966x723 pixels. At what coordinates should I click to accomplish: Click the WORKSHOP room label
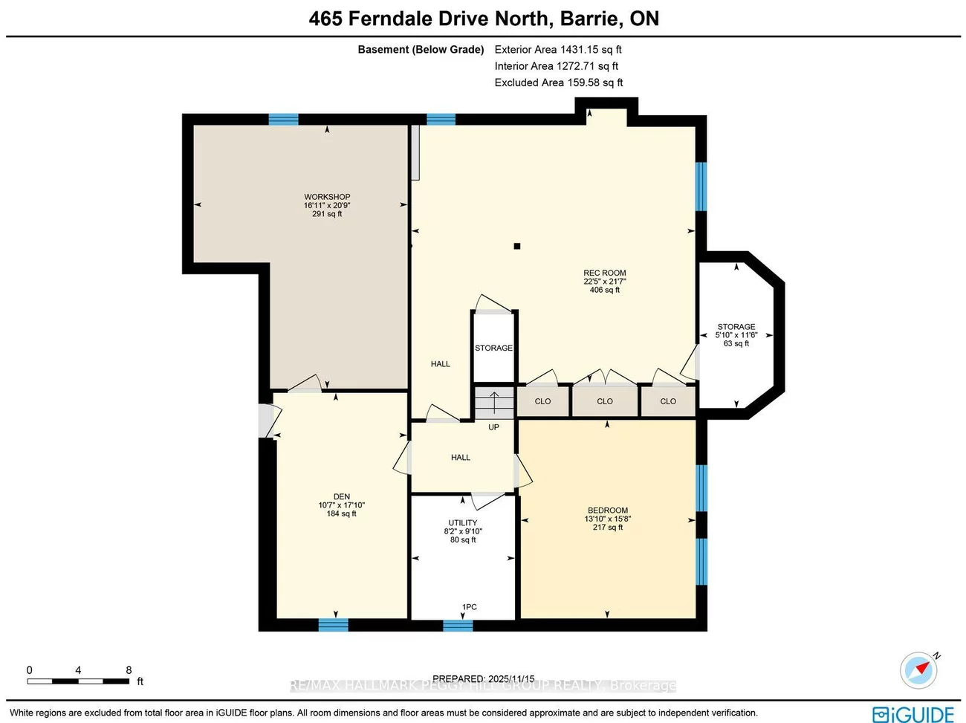point(327,197)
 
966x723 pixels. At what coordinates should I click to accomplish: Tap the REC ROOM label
point(604,273)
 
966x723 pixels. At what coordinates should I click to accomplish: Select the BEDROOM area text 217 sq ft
point(608,528)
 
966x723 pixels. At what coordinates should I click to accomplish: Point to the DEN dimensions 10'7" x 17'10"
point(341,505)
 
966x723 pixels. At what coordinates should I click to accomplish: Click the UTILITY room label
point(462,523)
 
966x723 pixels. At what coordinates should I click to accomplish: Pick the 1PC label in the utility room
point(469,607)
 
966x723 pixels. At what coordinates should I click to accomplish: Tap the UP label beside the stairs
point(493,427)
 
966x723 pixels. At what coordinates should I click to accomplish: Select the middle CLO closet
point(604,401)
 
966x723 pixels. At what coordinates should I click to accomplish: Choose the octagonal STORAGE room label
point(736,327)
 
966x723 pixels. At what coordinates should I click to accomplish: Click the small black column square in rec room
point(517,246)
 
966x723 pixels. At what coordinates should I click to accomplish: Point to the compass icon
point(918,670)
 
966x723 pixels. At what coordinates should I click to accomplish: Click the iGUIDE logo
point(913,714)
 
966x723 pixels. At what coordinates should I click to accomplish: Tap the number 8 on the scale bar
point(129,670)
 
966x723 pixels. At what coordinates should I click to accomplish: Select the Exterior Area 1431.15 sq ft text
point(558,50)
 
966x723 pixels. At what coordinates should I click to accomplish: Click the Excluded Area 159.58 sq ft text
point(559,82)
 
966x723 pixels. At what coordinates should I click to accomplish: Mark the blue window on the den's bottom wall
point(333,625)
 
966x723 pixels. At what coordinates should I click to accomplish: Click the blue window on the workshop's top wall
point(283,119)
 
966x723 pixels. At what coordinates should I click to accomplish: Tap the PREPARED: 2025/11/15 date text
point(483,678)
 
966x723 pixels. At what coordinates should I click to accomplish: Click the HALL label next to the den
point(460,458)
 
